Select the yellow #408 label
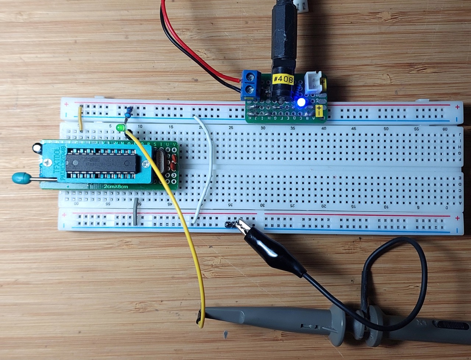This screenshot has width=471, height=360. click(x=283, y=79)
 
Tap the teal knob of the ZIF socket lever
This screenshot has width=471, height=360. click(x=18, y=178)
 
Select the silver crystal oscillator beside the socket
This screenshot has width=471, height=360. click(x=161, y=162)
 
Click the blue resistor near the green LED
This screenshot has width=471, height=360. click(x=128, y=111)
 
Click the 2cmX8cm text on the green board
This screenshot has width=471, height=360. click(x=116, y=186)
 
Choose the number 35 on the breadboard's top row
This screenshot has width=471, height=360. click(x=293, y=129)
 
